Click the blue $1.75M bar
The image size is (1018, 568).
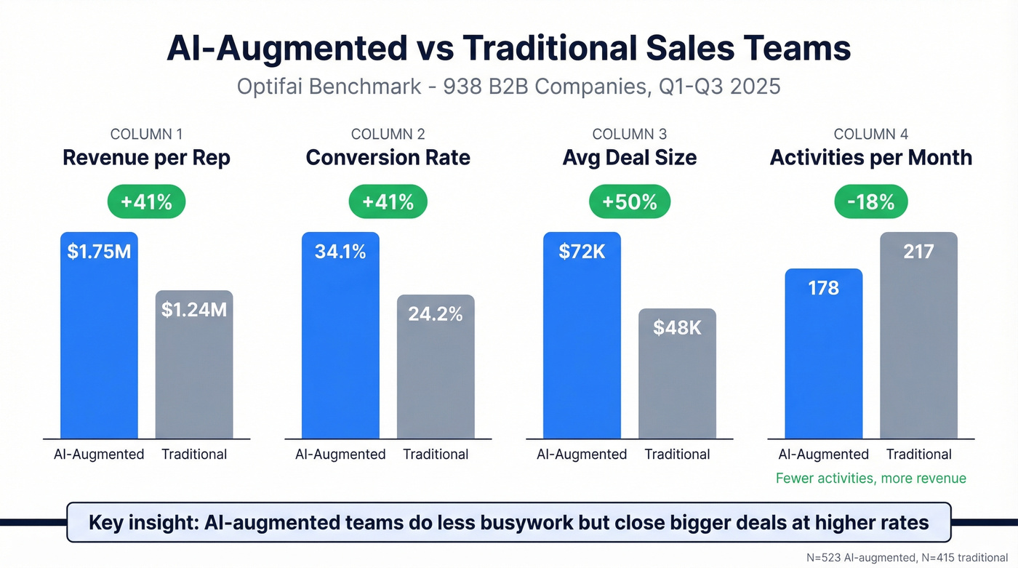pos(98,335)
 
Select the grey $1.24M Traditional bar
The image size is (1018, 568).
pos(194,364)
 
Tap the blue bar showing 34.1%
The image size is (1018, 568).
pos(340,335)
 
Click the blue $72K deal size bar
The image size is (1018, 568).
pos(582,335)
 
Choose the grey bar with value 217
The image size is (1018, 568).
pos(918,335)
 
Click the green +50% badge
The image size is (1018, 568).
pos(630,201)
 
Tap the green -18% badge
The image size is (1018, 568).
pos(871,201)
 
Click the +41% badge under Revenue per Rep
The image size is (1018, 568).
pos(147,201)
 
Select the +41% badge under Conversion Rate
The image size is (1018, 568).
pos(388,201)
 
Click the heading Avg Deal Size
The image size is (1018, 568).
pos(630,158)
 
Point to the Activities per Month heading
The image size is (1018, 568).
pos(871,158)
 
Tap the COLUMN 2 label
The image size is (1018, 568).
pos(388,135)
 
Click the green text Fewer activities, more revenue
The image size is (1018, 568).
pos(871,479)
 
